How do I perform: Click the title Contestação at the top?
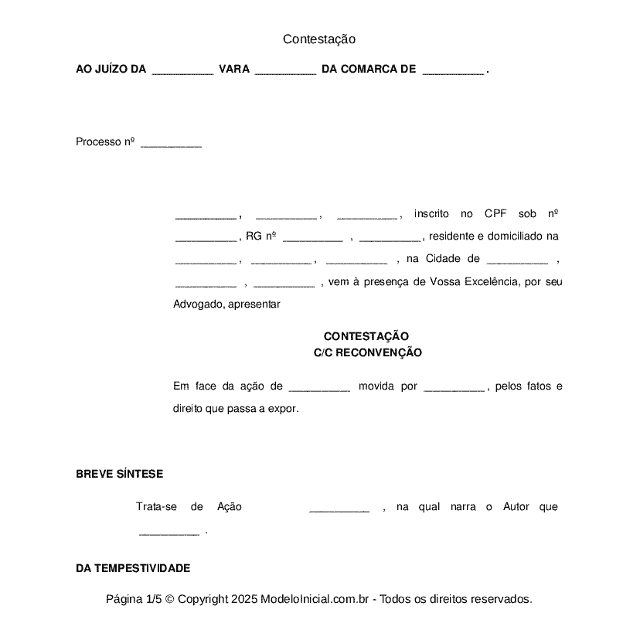coord(318,39)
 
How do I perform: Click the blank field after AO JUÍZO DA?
coord(182,70)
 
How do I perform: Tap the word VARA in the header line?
coord(234,70)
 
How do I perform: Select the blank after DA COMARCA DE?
coord(454,70)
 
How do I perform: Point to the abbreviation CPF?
coord(495,214)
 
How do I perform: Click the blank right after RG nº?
coord(313,237)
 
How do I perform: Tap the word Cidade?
coord(441,259)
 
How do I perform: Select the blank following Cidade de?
coord(518,259)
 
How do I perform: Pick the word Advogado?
coord(199,305)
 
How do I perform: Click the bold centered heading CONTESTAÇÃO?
coord(366,336)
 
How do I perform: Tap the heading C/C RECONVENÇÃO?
coord(367,352)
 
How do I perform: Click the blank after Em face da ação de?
coord(319,386)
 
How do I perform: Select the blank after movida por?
coord(454,386)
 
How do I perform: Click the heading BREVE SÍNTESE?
coord(119,474)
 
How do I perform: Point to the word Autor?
coord(516,507)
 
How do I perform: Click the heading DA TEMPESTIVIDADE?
coord(133,568)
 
